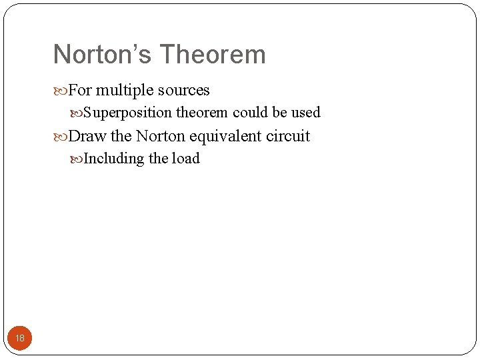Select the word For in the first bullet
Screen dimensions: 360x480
click(80, 90)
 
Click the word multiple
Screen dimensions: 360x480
click(125, 90)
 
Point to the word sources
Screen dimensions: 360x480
click(185, 91)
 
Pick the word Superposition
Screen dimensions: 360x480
click(128, 113)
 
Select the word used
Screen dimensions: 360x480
click(306, 112)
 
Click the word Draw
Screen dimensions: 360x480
click(83, 136)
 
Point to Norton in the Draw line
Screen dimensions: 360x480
click(161, 136)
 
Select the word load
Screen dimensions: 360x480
click(185, 158)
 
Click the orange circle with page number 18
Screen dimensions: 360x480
click(20, 338)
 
